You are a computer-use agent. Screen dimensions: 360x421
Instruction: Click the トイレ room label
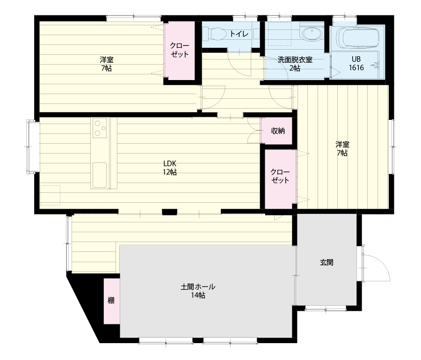coord(239,34)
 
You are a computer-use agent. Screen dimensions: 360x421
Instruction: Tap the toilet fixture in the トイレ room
coord(216,34)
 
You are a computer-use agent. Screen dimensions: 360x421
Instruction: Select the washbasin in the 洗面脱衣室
coord(310,34)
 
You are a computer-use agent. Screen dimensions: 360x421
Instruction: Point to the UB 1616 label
coord(356,63)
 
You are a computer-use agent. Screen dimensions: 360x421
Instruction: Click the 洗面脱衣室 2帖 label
coord(295,64)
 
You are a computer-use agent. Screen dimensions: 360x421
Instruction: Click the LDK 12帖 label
coord(169,168)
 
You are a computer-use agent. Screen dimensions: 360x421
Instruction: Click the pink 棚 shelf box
coord(111,301)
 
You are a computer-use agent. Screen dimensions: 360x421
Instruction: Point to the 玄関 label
coord(327,262)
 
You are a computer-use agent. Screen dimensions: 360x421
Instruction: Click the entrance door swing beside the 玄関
coord(377,267)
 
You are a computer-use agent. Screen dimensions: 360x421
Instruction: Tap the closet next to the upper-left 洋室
coord(180,51)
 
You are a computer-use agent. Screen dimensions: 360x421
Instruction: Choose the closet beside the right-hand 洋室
coord(280,176)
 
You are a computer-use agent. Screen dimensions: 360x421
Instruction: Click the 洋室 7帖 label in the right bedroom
coord(341,148)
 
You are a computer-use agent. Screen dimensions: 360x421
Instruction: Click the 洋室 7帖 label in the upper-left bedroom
coord(106,64)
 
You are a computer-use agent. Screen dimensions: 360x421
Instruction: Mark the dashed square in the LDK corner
coord(50,195)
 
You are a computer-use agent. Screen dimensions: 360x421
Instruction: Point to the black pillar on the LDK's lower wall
coord(169,212)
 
